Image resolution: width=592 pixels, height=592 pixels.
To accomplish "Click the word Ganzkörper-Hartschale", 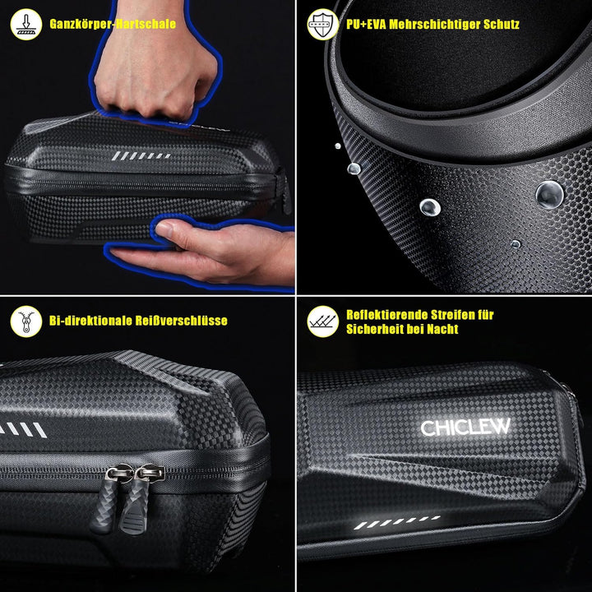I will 113,25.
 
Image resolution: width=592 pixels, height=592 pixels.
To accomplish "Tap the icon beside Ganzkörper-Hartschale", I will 26,25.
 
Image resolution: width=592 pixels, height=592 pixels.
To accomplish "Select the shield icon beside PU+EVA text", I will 322,25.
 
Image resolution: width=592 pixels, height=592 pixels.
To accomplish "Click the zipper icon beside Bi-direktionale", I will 26,321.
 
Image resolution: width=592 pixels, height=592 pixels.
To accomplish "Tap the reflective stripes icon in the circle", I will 322,321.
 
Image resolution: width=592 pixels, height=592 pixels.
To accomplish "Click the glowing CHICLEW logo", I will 465,428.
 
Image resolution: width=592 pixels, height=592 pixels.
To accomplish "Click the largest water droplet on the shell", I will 548,194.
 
